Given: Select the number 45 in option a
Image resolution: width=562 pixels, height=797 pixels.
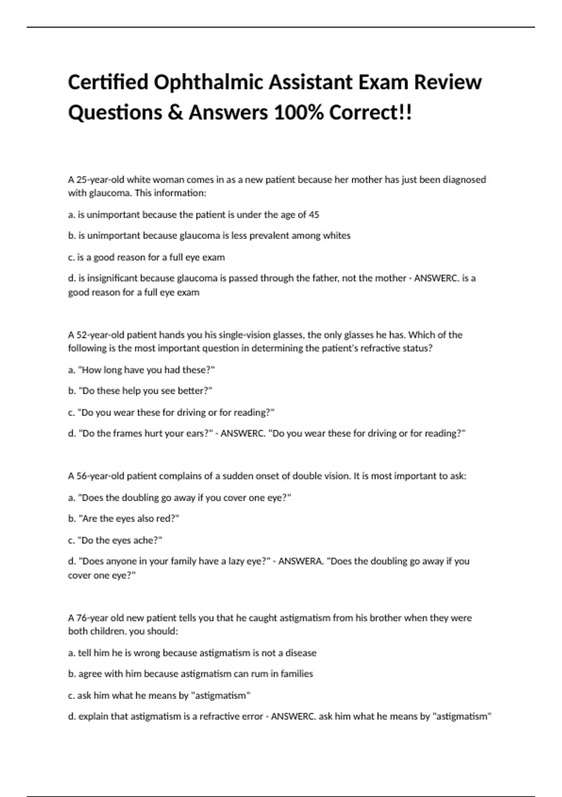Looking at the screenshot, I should pos(314,215).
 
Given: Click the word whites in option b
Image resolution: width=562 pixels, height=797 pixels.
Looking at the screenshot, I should pos(336,235).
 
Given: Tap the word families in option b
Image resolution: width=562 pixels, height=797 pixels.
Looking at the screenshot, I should pos(297,674).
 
